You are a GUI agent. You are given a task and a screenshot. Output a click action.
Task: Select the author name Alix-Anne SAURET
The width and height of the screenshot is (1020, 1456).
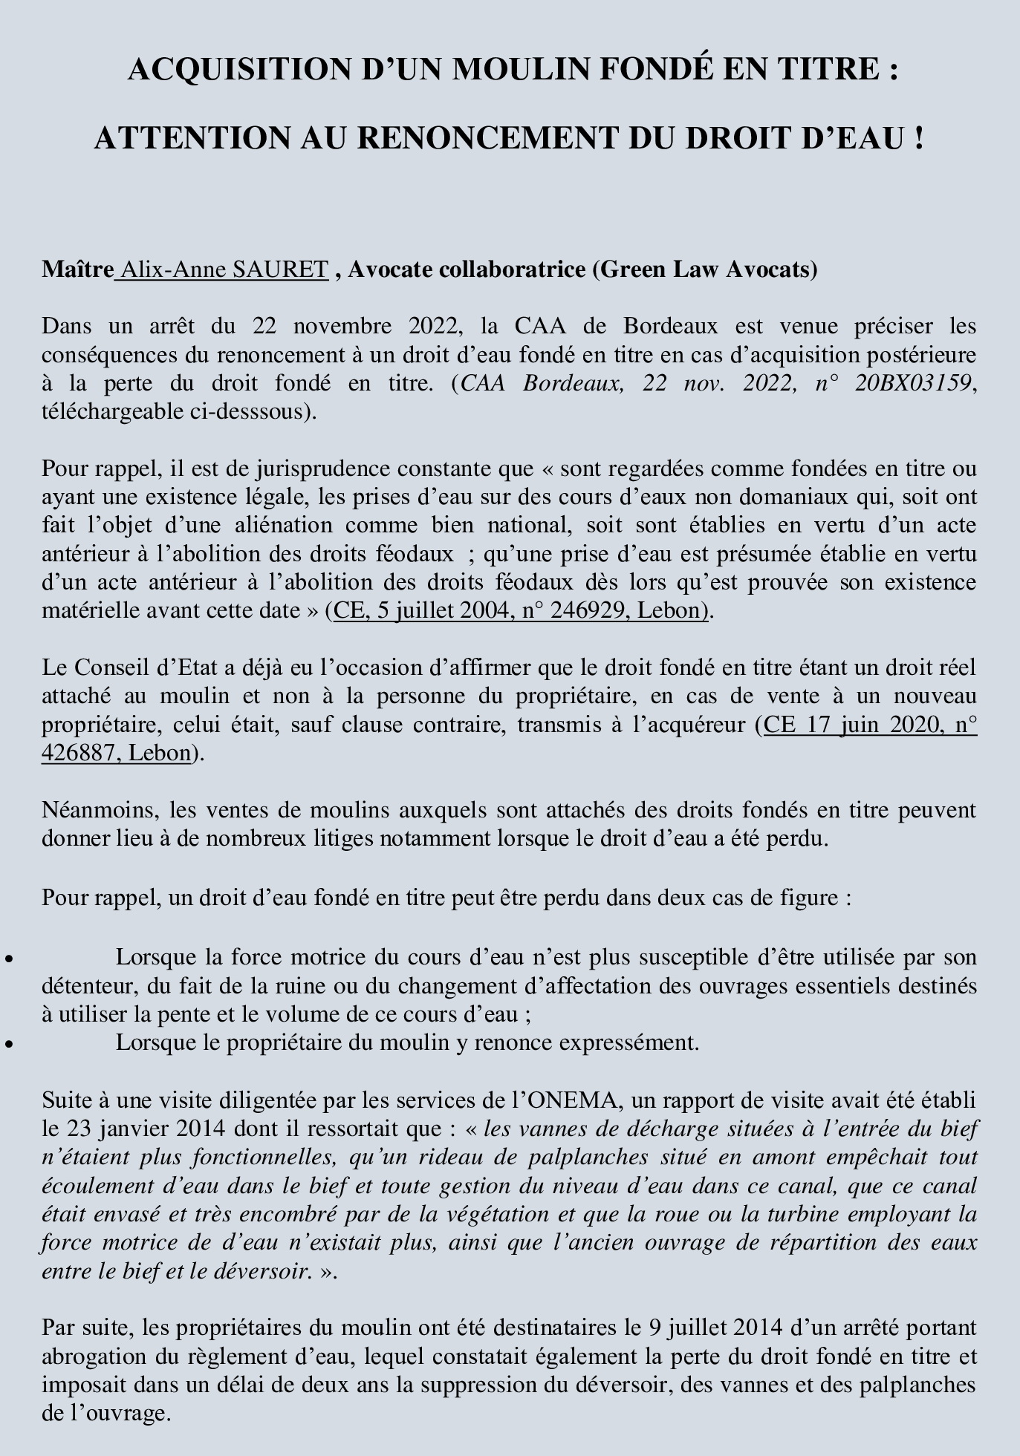(x=224, y=269)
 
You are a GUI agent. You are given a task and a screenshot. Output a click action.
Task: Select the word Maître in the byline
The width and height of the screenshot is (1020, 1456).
(x=77, y=269)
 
